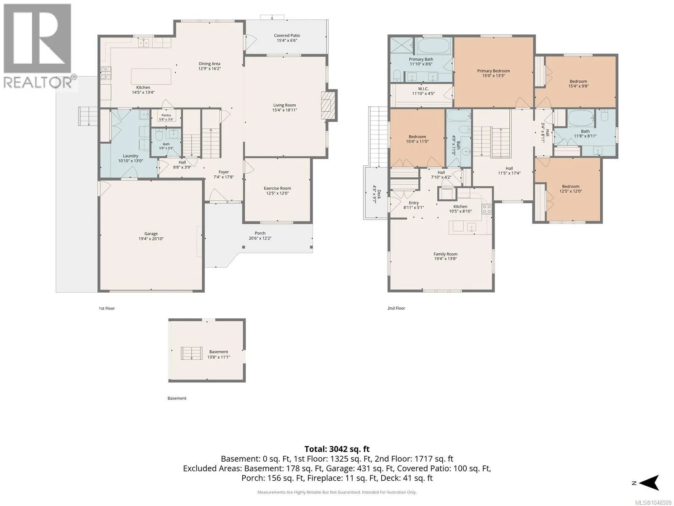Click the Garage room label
(151, 234)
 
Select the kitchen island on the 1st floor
(151, 76)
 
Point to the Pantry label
(166, 115)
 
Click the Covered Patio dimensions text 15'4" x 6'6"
(287, 40)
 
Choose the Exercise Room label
(277, 188)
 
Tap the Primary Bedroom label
(493, 71)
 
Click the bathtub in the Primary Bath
(433, 46)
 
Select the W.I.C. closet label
(423, 89)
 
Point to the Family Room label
(445, 254)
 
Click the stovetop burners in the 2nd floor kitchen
(487, 209)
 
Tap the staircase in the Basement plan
(191, 353)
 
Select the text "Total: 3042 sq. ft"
(337, 449)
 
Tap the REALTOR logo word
(37, 82)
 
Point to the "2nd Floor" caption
(396, 308)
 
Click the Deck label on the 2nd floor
(379, 194)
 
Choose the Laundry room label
(131, 156)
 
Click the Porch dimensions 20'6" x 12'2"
(260, 238)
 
